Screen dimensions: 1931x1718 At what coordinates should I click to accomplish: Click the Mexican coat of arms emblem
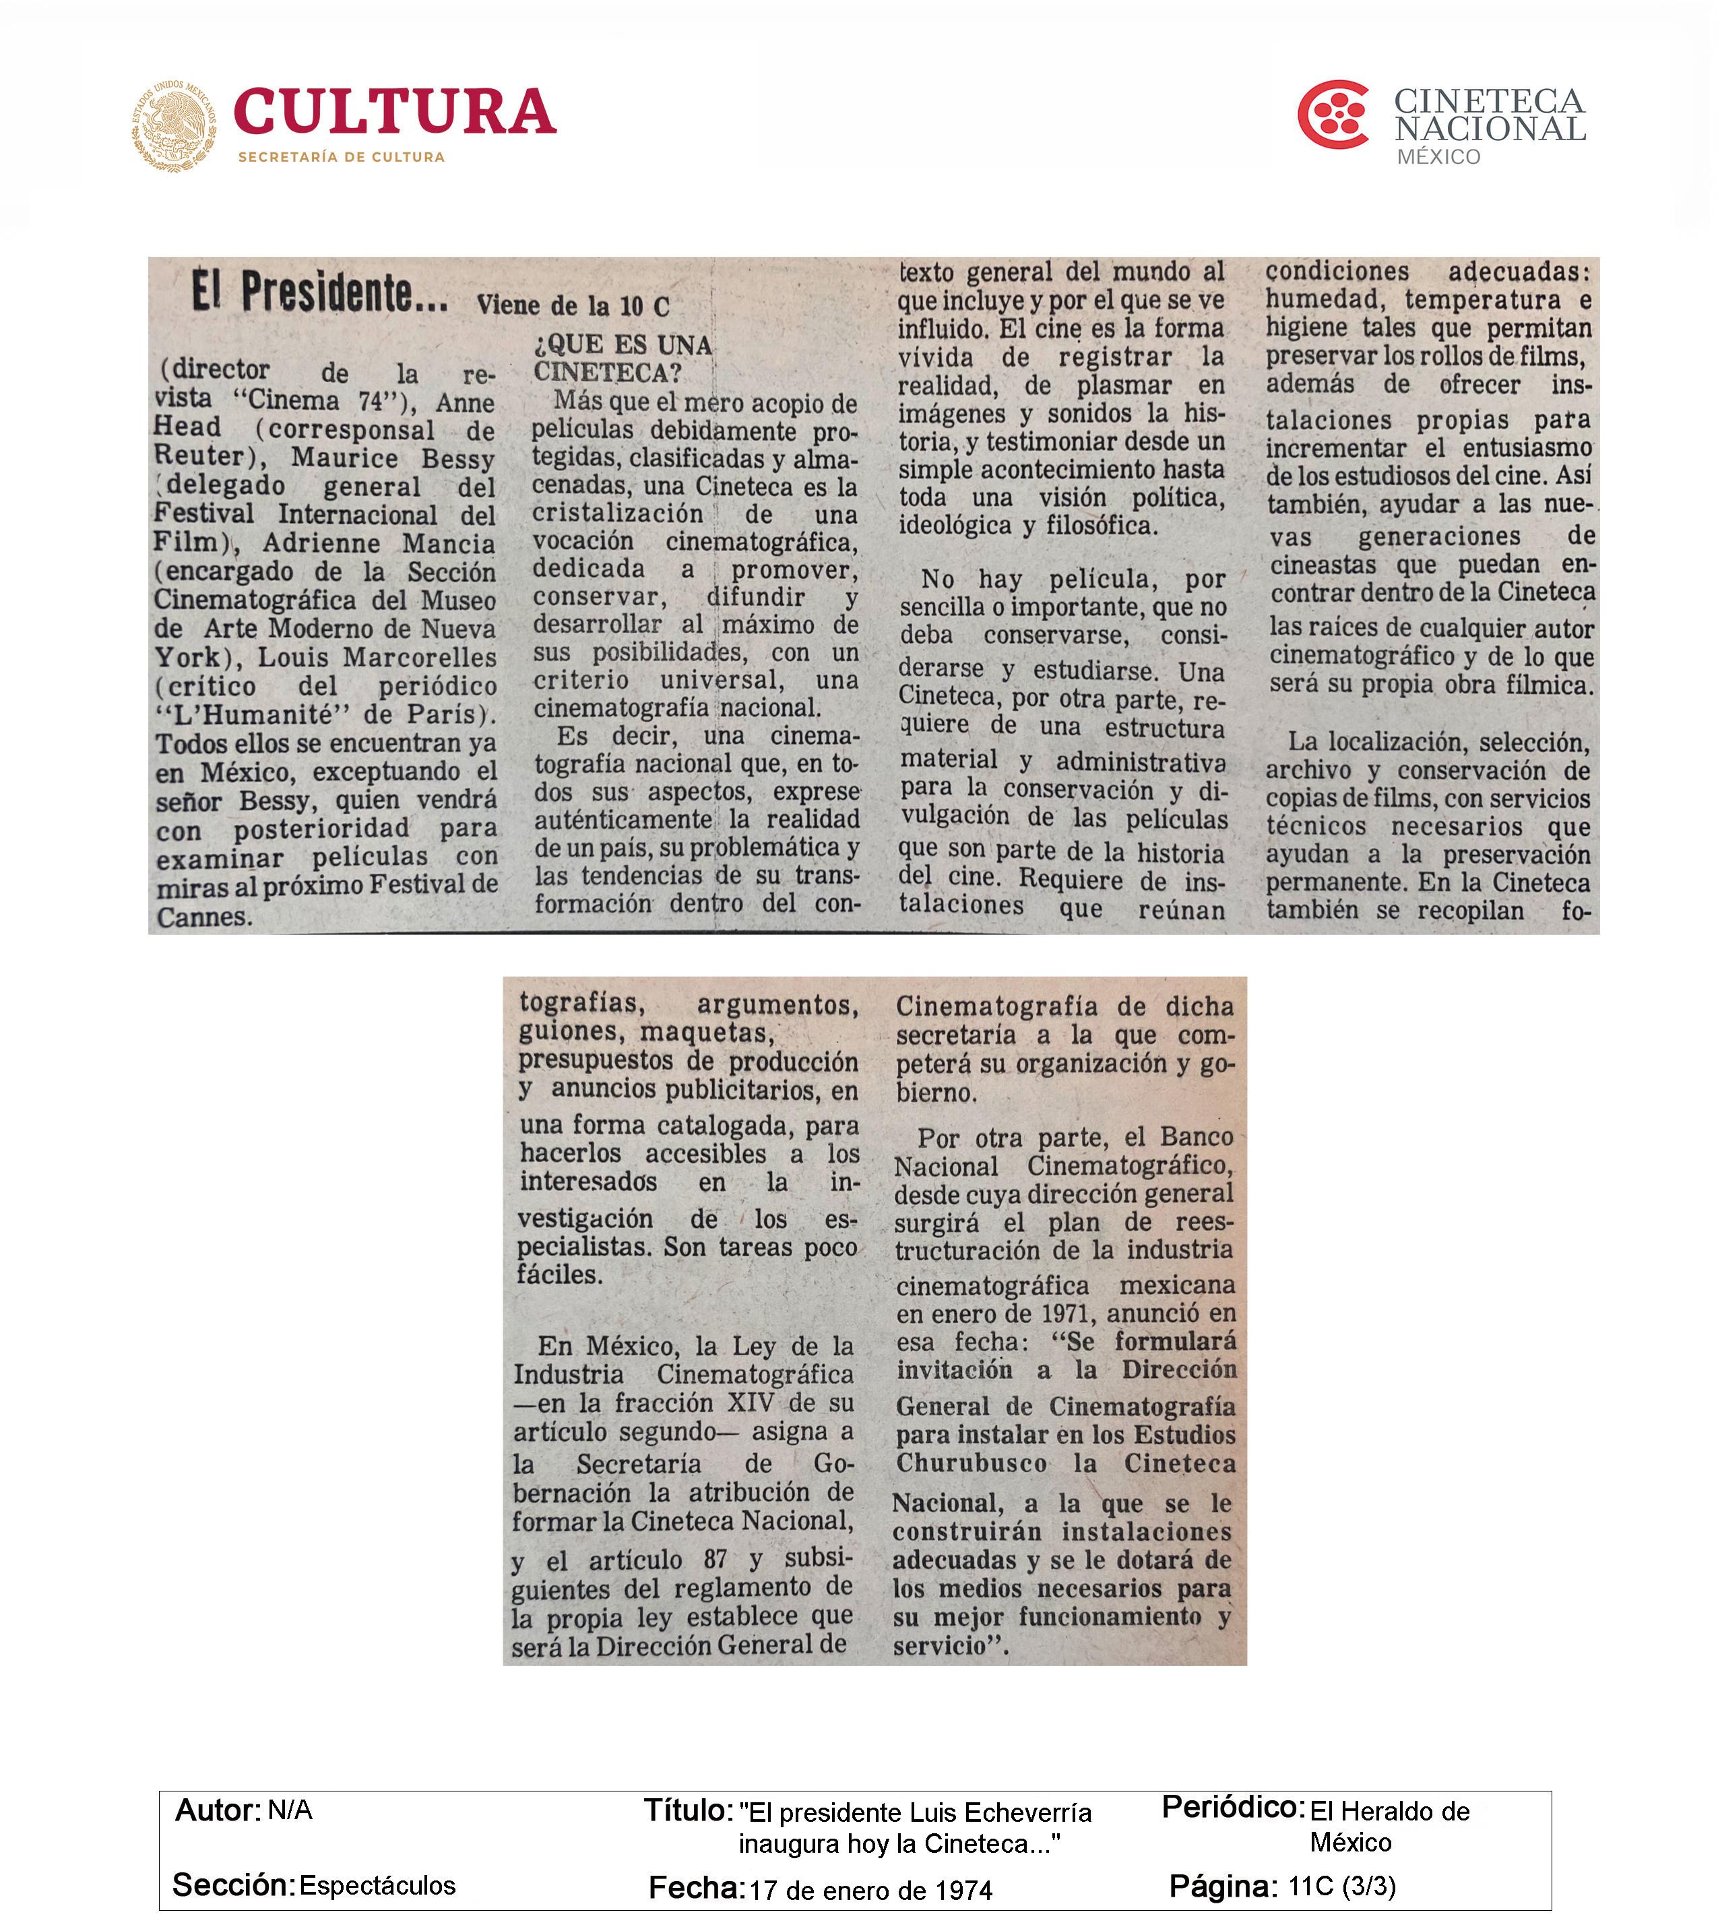(174, 125)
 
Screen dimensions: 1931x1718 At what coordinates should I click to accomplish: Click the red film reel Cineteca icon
(1333, 115)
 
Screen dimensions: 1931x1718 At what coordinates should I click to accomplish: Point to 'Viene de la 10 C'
(573, 305)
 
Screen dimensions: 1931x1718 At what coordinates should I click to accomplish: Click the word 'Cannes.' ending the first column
(204, 917)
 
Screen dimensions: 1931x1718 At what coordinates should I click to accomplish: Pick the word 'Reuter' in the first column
(197, 456)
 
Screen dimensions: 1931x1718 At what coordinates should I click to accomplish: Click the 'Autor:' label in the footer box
(217, 1810)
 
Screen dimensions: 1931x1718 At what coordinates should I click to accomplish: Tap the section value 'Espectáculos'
(378, 1886)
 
